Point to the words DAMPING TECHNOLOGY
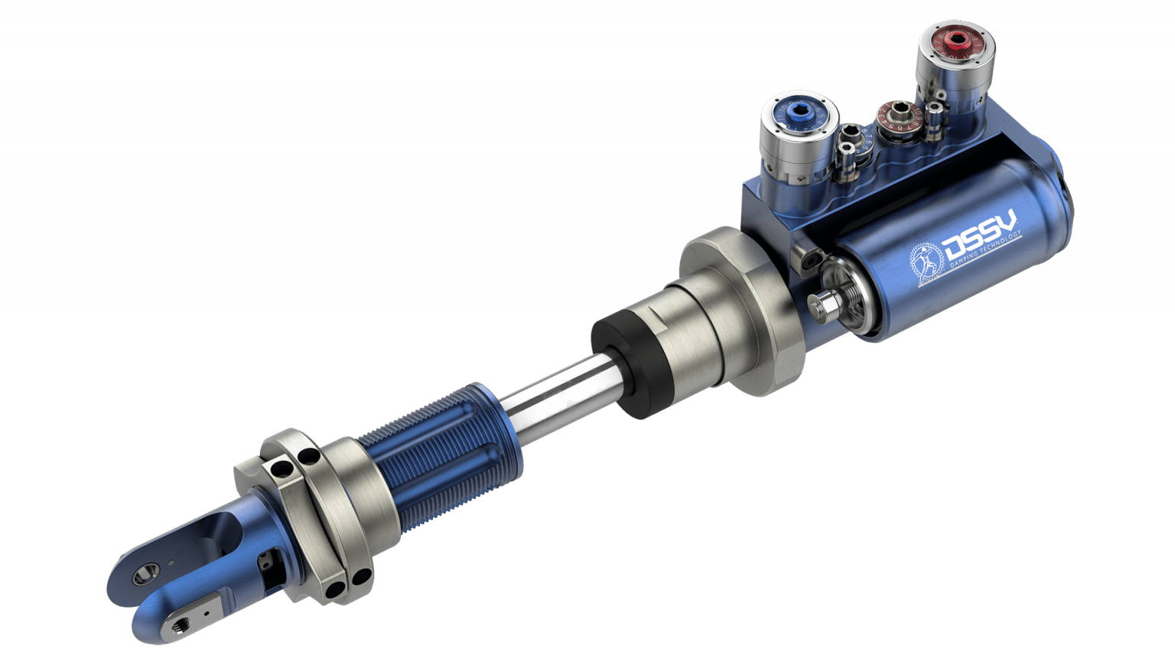[987, 253]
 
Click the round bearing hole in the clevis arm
[145, 573]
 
